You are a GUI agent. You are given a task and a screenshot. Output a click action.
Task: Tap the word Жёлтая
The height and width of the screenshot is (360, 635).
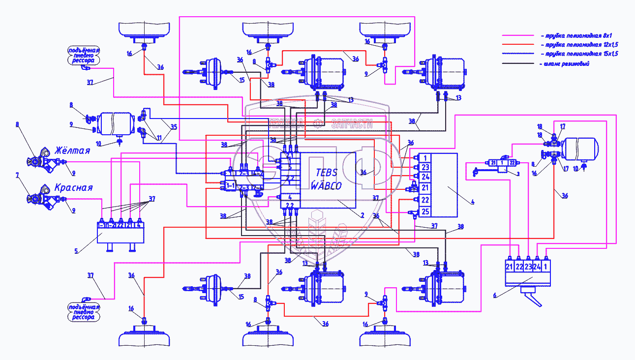click(x=72, y=150)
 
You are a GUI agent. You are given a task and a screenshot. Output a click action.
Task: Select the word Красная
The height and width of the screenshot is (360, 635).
click(x=73, y=188)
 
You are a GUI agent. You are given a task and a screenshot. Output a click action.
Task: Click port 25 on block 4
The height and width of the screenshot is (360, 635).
click(x=425, y=212)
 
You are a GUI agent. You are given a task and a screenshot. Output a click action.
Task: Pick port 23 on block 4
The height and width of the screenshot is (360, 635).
click(x=425, y=167)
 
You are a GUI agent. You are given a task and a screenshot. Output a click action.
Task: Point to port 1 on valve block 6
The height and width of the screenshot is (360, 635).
click(x=546, y=267)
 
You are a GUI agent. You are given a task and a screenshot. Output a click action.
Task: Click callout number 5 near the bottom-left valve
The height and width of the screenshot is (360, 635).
click(x=76, y=251)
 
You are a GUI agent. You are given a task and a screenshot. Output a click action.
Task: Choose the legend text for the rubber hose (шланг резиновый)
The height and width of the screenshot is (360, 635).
click(x=564, y=64)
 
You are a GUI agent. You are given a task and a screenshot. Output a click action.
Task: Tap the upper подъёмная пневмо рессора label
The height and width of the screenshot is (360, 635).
click(x=84, y=55)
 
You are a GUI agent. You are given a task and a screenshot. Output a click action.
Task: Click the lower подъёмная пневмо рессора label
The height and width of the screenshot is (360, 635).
click(x=84, y=312)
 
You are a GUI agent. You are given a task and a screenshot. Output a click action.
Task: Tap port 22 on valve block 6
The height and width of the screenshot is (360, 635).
click(x=519, y=267)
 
